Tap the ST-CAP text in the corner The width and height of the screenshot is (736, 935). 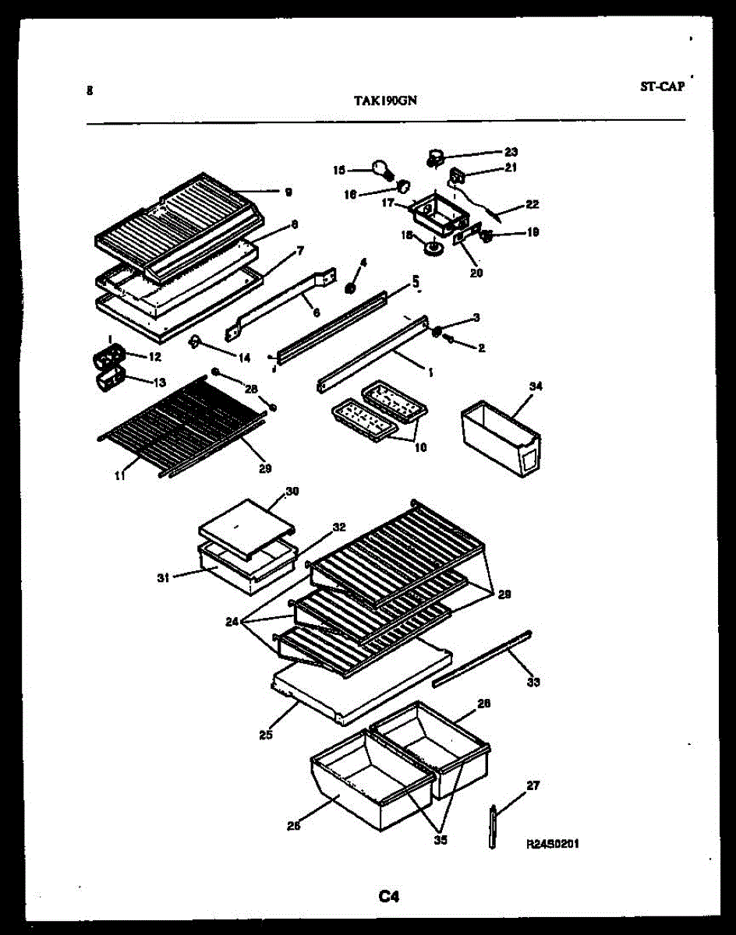point(662,87)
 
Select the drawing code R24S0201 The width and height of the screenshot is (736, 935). point(553,844)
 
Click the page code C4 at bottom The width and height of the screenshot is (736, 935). point(389,897)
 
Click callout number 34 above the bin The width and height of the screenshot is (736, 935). point(536,386)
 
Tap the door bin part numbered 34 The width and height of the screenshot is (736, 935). point(499,436)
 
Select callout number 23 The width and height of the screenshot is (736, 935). point(511,152)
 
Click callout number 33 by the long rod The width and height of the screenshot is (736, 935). point(533,683)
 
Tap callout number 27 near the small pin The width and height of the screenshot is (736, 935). point(533,785)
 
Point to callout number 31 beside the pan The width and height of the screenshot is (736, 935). point(164,577)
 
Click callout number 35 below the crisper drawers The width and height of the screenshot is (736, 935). point(441,840)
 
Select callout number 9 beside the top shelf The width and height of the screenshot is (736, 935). point(288,191)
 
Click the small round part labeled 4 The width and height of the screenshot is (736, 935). point(351,288)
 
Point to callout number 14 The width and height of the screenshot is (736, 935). point(244,358)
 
